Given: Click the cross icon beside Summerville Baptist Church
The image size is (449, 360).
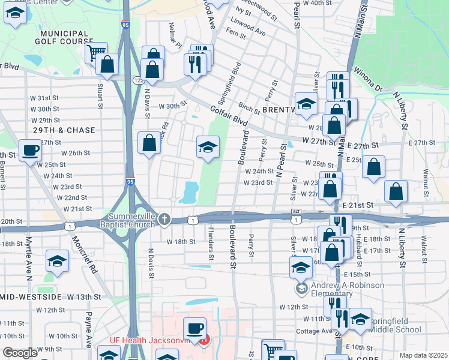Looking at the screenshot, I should pyautogui.click(x=164, y=220).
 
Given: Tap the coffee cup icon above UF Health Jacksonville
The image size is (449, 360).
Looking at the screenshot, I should pyautogui.click(x=194, y=328).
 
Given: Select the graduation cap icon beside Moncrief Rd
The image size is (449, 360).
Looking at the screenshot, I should pyautogui.click(x=57, y=261).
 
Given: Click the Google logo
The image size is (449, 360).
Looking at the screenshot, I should pyautogui.click(x=20, y=353).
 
